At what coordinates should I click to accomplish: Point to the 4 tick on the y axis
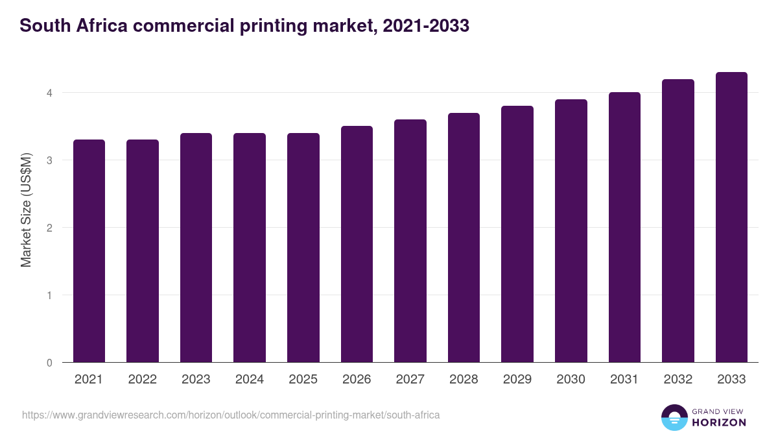click(49, 93)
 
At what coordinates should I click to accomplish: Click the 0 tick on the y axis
click(49, 363)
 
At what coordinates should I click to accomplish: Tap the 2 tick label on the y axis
click(49, 228)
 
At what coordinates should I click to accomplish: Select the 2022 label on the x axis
click(142, 380)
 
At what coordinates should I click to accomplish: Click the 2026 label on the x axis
click(357, 380)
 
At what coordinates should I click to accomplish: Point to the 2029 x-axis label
click(517, 380)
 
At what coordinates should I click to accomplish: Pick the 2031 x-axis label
click(624, 380)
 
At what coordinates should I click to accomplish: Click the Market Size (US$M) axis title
click(26, 210)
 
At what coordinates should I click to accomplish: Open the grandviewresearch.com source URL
click(231, 415)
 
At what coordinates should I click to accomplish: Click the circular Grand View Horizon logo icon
click(674, 417)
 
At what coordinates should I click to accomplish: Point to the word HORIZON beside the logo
click(718, 422)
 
